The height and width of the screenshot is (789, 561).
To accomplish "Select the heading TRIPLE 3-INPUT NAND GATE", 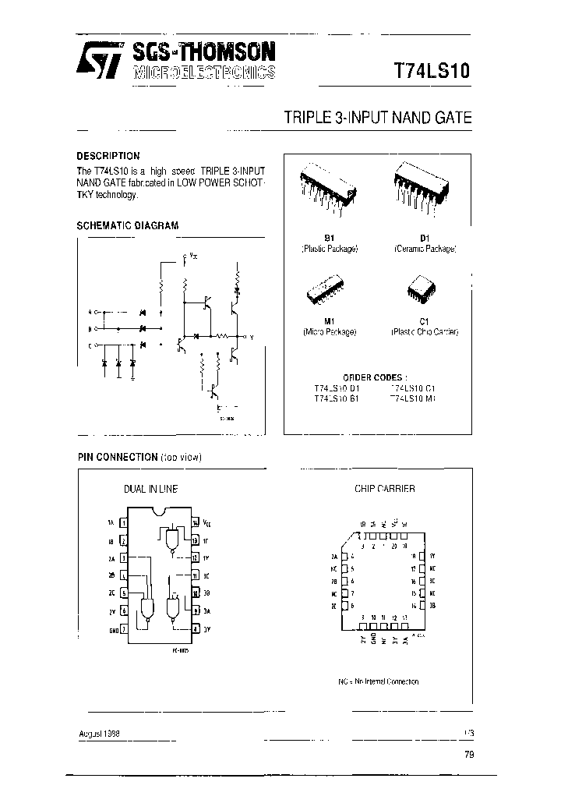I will pos(378,119).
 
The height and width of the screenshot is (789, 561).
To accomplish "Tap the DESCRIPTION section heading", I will pos(108,156).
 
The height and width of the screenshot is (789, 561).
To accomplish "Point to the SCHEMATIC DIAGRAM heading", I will pos(127,226).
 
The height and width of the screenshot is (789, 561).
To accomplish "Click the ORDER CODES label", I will pos(376,377).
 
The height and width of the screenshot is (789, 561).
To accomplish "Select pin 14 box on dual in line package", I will pos(195,523).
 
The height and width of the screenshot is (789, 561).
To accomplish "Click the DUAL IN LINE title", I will pos(150,489).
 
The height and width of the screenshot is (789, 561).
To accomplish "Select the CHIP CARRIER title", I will pos(385,489).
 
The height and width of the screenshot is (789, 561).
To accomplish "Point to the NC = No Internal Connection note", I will pos(378,681).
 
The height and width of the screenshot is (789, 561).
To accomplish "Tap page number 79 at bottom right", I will pos(467,754).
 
